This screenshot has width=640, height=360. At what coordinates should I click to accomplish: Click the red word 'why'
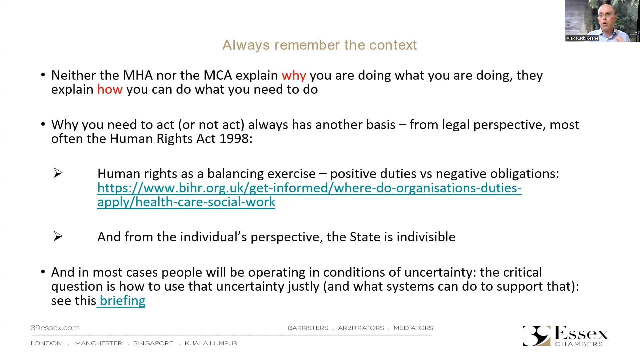click(294, 76)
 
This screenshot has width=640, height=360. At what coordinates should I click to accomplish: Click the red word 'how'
click(110, 90)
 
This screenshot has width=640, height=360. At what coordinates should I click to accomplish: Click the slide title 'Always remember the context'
click(319, 45)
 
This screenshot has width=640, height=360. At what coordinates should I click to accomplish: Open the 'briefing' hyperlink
click(122, 301)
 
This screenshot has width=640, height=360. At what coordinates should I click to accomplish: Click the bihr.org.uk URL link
click(309, 188)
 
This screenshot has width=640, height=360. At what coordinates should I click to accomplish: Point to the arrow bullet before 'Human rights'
click(58, 173)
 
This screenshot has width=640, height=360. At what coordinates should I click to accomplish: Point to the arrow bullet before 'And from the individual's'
click(58, 236)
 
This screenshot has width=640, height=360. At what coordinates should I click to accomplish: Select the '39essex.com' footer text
click(55, 328)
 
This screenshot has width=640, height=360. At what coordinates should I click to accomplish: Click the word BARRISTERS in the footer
click(308, 328)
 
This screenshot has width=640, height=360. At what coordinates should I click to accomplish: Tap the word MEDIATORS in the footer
click(413, 328)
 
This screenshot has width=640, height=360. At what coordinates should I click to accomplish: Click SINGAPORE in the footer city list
click(153, 343)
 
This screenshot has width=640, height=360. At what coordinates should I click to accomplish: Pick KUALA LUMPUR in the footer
click(211, 343)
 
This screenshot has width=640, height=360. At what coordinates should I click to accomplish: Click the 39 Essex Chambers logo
click(565, 336)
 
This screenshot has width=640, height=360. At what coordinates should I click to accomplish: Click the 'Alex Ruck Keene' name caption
click(582, 38)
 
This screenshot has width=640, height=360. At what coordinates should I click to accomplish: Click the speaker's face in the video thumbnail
click(604, 15)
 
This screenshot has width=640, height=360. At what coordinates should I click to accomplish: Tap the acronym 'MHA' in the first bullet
click(138, 75)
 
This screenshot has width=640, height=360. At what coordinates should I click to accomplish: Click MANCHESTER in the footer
click(98, 343)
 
